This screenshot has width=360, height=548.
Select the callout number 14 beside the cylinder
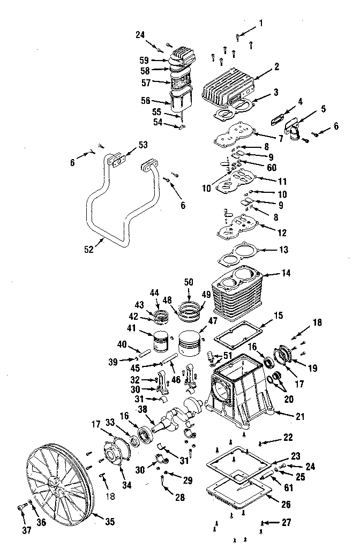click(x=286, y=273)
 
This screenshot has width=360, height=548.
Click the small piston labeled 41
click(x=161, y=340)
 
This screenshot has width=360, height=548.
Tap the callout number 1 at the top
click(x=261, y=23)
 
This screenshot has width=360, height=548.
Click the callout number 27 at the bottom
click(x=287, y=522)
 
